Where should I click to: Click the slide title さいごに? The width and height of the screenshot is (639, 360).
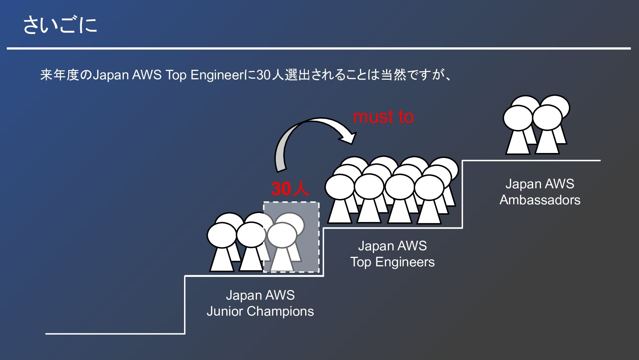tap(60, 25)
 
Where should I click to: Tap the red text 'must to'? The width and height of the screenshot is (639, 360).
tap(383, 117)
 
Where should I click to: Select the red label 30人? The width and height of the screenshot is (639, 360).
tap(290, 189)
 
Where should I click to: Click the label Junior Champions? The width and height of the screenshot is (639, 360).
tap(260, 311)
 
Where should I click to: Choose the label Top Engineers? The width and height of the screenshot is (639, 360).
tap(392, 262)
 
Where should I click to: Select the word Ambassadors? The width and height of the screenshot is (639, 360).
tap(540, 200)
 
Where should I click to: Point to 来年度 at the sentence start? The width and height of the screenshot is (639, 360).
tap(60, 75)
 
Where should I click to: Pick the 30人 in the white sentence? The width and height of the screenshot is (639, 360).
tap(270, 75)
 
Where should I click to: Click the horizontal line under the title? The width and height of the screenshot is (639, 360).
tap(319, 49)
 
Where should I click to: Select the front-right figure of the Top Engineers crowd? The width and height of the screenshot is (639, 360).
tap(429, 200)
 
